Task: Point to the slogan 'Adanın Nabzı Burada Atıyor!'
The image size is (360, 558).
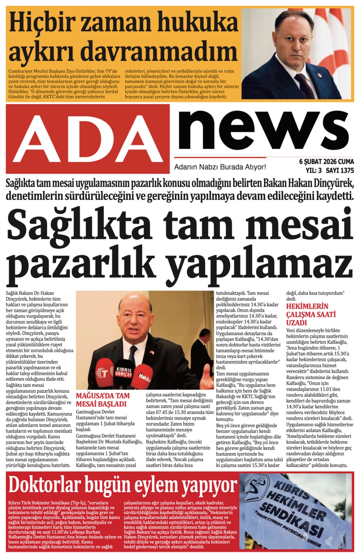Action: coord(220,167)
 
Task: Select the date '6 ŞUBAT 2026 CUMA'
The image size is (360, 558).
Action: coord(326,162)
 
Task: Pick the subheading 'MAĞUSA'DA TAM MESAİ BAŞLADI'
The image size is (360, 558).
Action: coord(103,400)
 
